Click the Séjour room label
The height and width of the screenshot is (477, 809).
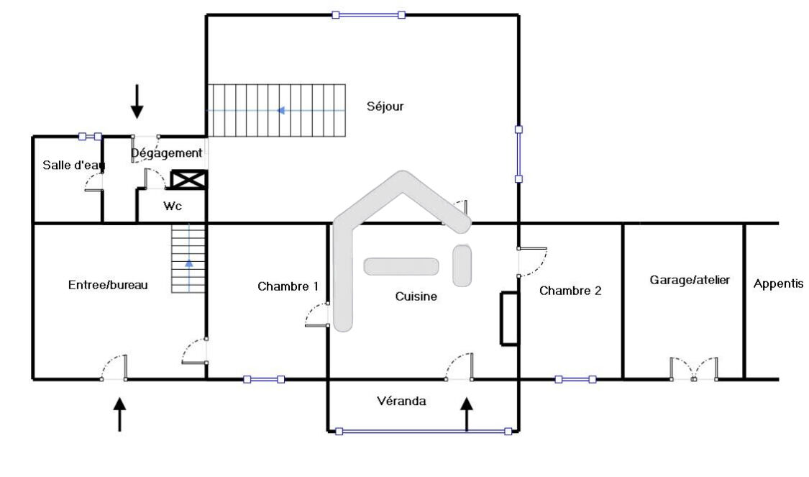coord(385,106)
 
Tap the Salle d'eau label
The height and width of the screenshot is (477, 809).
coord(73,165)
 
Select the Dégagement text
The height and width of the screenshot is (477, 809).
coord(166,153)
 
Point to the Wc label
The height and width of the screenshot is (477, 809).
coord(173,206)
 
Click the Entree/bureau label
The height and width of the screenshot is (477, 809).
coord(108,285)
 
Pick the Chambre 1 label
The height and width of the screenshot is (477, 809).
coord(288,286)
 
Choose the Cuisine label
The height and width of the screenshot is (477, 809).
coord(416,296)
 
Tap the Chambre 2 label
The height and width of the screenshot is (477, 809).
coord(570,291)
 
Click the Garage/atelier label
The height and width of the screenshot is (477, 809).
coord(690,281)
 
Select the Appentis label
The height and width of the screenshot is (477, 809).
coord(778,284)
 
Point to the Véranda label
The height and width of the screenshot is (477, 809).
coord(401,401)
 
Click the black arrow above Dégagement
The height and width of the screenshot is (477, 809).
coord(137,101)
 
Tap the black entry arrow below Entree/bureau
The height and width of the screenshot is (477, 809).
coord(119,414)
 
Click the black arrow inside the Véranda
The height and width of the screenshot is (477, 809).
coord(467,414)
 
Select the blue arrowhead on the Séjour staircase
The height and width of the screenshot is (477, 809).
coord(280,111)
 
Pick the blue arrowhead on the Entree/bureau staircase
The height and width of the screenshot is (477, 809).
coord(189,263)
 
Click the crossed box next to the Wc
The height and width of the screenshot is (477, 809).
coord(188,180)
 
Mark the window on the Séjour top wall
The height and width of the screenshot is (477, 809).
coord(368,15)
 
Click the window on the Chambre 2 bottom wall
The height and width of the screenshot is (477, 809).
coord(575,379)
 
